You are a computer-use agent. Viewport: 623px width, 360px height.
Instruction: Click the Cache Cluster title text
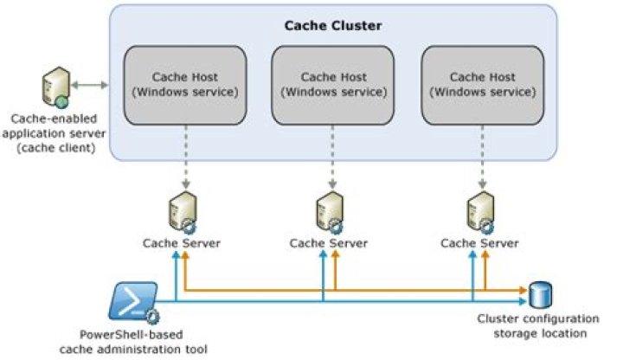(333, 25)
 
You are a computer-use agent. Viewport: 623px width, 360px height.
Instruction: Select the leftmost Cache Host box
(182, 84)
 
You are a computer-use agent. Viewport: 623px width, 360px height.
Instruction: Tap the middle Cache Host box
(333, 84)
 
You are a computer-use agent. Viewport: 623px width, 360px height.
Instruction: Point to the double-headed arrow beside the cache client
(90, 85)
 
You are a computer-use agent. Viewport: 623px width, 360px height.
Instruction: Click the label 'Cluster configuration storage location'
(532, 325)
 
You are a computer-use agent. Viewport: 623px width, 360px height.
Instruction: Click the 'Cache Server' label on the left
(182, 242)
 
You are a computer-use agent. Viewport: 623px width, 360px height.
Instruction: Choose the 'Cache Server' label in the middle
(331, 242)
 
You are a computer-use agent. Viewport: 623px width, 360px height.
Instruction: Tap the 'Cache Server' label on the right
(479, 242)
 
